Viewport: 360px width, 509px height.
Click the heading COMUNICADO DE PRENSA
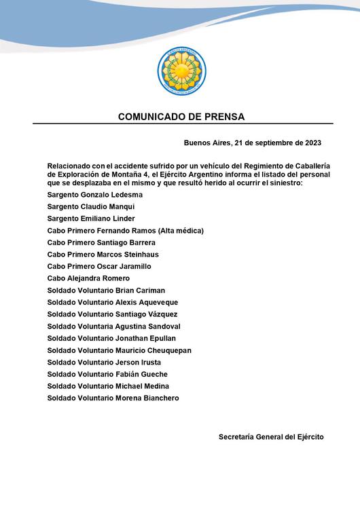181,117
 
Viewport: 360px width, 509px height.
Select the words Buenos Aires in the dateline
206,143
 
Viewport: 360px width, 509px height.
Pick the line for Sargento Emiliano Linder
91,219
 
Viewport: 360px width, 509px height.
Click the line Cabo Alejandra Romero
88,278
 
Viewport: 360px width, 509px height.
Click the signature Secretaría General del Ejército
271,436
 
